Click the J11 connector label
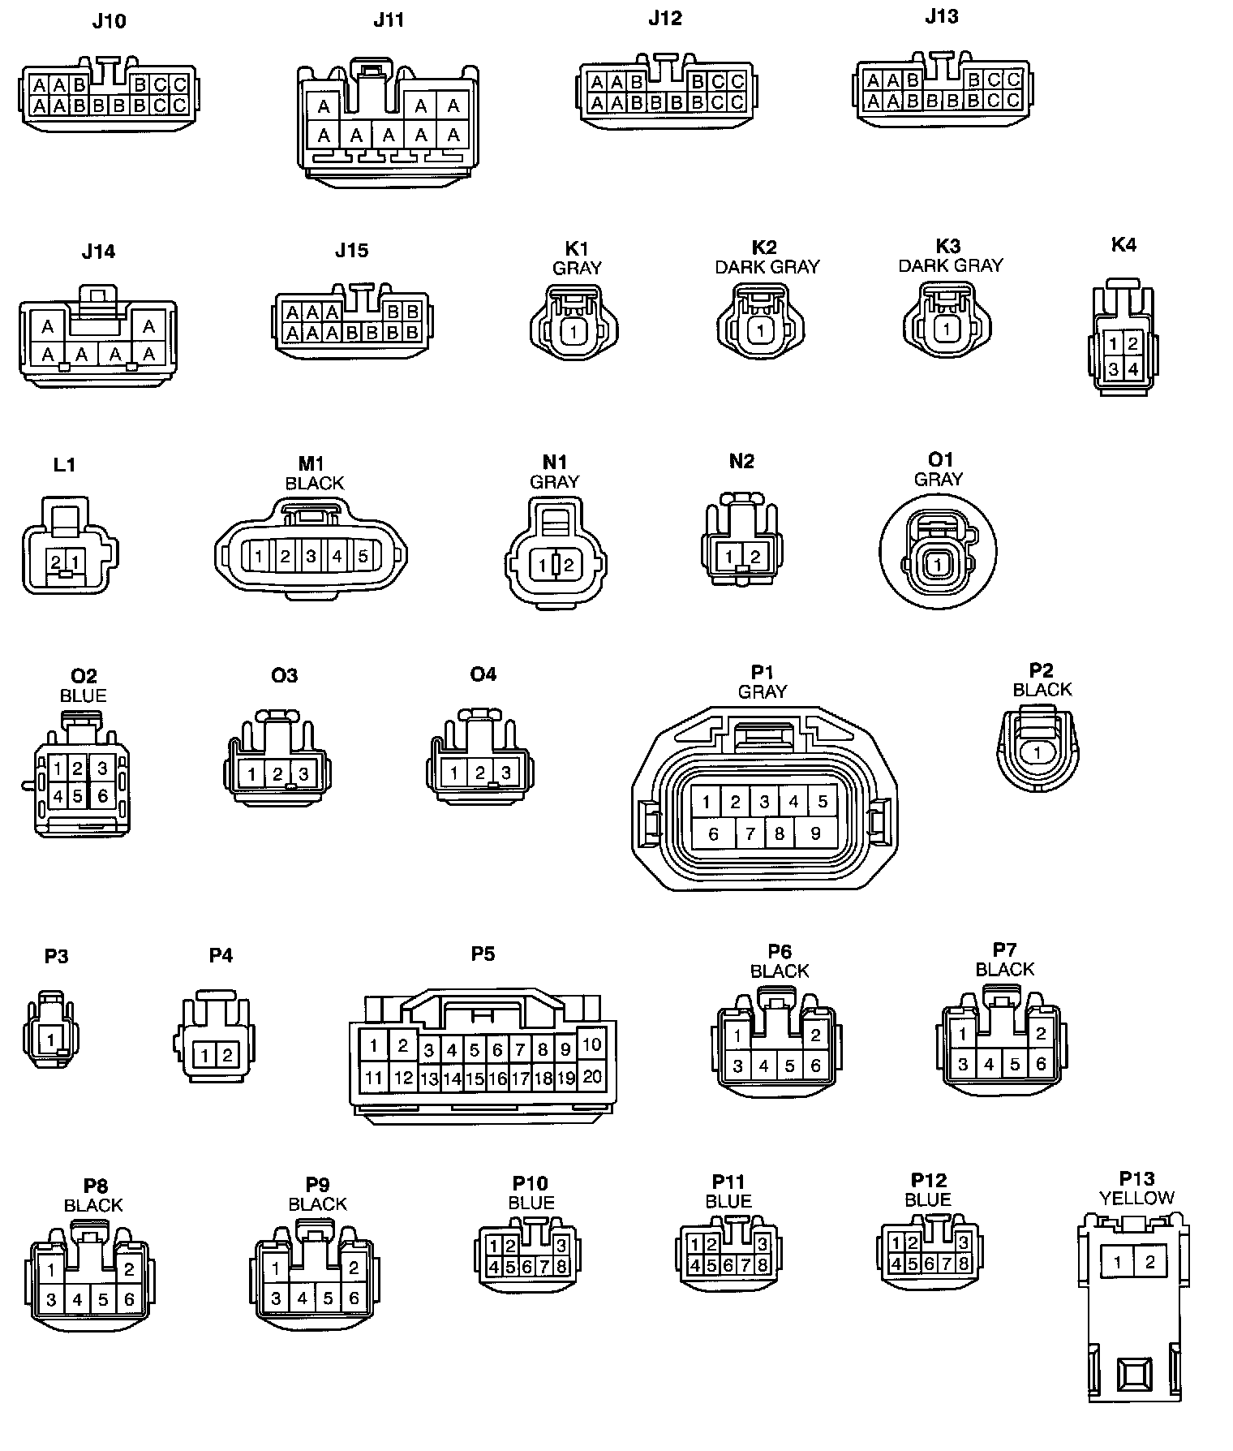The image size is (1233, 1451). [389, 20]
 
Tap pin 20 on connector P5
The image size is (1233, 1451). [592, 1076]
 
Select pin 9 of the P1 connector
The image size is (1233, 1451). [815, 833]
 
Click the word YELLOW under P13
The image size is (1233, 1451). [1136, 1198]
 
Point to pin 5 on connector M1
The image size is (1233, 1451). [363, 557]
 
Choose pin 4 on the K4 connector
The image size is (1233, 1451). [1133, 369]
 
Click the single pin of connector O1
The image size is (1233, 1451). [938, 564]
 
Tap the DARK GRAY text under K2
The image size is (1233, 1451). [767, 267]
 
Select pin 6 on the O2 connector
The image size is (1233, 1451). [102, 796]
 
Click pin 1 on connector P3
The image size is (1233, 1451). [51, 1040]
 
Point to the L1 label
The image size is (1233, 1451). [64, 465]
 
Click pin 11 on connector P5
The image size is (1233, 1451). [374, 1078]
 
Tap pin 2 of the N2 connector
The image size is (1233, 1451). [755, 557]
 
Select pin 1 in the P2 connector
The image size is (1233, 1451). [1038, 753]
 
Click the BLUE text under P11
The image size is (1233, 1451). [728, 1201]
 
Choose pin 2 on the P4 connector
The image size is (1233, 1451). [227, 1056]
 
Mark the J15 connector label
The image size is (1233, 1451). [351, 251]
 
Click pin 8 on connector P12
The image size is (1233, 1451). [963, 1264]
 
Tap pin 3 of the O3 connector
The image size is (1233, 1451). [303, 774]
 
